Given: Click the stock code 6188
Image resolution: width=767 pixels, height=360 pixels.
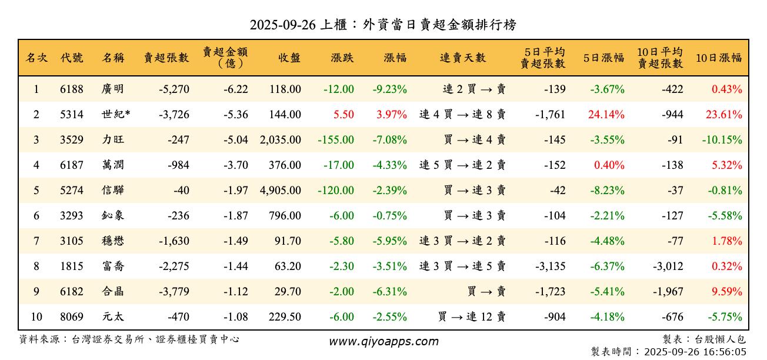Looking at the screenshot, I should (72, 89).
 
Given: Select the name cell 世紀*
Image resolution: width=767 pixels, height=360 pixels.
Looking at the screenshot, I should (115, 115).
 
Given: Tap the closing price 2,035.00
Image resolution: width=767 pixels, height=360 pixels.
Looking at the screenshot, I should (280, 140).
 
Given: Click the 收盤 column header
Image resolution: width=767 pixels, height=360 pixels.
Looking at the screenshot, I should (289, 58).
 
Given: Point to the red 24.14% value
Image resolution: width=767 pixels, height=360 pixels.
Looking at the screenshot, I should (606, 115).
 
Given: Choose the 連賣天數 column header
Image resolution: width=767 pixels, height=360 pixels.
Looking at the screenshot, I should (463, 58).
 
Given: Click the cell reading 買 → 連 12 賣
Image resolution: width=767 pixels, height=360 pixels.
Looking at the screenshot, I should (472, 317).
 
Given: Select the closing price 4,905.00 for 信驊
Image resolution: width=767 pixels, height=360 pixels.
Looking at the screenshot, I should (280, 191).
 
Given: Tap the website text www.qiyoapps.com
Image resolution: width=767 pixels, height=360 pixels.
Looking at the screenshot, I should (383, 342).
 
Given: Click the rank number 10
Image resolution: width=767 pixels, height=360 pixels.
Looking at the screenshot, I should (36, 317).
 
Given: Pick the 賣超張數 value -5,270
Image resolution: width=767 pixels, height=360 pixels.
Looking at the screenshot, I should (174, 89).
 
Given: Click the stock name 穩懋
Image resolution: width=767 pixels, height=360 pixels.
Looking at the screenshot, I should (113, 241).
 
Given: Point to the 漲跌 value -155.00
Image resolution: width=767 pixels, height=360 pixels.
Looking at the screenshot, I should (335, 140).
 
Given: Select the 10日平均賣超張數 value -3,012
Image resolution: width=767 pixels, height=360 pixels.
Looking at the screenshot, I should (668, 266).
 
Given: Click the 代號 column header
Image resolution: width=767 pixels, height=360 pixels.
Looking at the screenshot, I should (72, 58).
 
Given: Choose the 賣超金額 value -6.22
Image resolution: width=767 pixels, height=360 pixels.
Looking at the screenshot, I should (235, 89).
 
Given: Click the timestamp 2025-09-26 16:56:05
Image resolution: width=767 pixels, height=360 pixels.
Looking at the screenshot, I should (695, 352).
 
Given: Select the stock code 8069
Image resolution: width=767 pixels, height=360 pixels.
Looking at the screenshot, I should (72, 317).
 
